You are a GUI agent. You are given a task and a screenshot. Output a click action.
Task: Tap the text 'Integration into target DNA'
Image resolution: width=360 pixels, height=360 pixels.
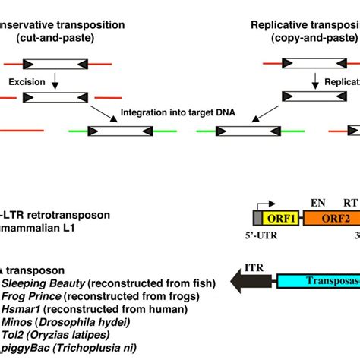tap(177, 111)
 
